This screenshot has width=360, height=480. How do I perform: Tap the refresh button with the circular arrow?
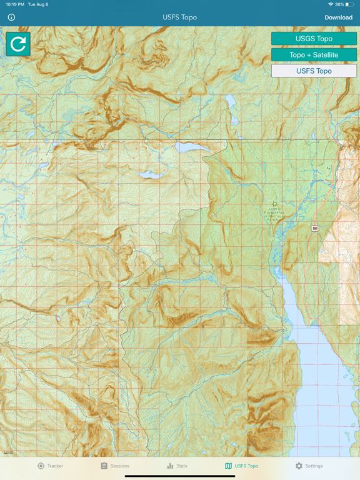(x=18, y=44)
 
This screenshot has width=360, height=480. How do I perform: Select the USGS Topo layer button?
(x=314, y=39)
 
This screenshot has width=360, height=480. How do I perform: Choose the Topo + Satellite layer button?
(x=314, y=55)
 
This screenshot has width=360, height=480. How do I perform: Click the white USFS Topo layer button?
(x=314, y=71)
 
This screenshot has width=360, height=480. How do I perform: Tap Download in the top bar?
(x=338, y=17)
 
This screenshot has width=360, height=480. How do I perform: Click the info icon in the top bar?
(x=11, y=17)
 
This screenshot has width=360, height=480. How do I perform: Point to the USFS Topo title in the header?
(x=180, y=17)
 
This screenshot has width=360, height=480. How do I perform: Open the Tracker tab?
(x=50, y=466)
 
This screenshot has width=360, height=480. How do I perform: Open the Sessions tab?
(x=115, y=466)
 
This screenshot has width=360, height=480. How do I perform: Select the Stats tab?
(x=177, y=466)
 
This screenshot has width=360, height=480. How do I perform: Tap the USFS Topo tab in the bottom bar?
(x=241, y=466)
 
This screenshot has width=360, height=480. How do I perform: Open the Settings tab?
(x=309, y=466)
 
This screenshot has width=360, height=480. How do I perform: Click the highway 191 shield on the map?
(x=316, y=229)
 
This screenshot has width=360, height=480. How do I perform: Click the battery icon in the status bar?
(x=350, y=4)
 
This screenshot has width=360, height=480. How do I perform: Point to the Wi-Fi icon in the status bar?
(x=330, y=4)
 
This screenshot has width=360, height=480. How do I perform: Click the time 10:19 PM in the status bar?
(x=15, y=4)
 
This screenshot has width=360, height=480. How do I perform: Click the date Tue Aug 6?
(x=38, y=4)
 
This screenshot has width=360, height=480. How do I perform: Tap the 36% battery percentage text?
(x=339, y=4)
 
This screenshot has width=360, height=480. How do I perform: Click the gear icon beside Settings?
(x=299, y=466)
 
